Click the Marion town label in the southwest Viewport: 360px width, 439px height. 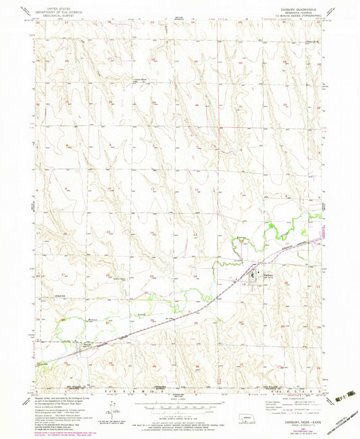tap(86, 344)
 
